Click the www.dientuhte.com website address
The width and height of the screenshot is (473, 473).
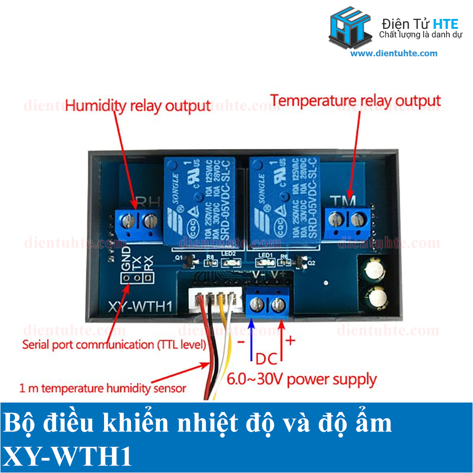394,53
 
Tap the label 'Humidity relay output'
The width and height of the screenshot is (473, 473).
138,105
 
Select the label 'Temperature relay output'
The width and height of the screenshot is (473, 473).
356,101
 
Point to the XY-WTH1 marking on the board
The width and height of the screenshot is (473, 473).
139,307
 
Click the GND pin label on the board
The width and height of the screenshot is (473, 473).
126,259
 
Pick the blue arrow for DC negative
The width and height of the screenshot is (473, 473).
251,338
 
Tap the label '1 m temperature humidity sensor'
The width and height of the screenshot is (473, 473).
103,389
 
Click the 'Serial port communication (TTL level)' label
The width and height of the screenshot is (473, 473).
114,345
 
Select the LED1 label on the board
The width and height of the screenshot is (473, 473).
266,256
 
